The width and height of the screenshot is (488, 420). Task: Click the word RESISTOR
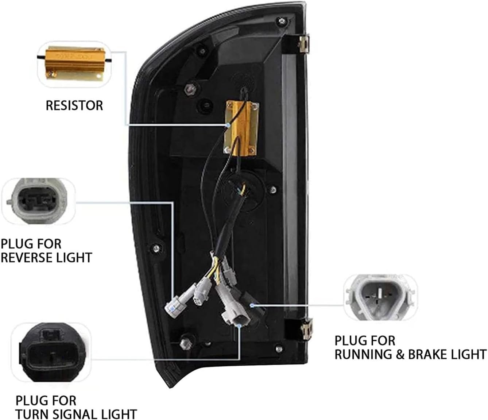pos(74,105)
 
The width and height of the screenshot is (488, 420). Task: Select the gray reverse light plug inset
pos(35,200)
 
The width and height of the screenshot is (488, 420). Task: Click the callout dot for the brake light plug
pos(251,304)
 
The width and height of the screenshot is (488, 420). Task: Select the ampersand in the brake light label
pos(400,354)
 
